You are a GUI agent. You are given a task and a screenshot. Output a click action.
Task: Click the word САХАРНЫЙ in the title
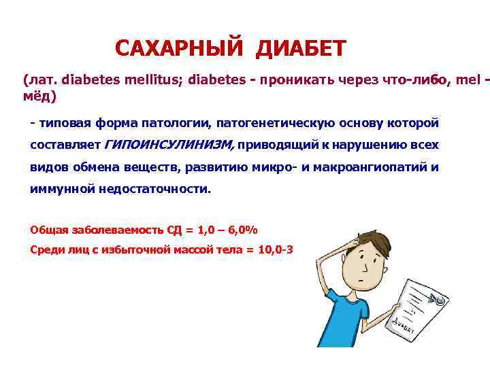179,48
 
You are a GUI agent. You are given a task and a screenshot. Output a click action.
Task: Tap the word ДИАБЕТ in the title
301,48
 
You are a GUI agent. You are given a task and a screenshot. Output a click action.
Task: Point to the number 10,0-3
276,249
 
